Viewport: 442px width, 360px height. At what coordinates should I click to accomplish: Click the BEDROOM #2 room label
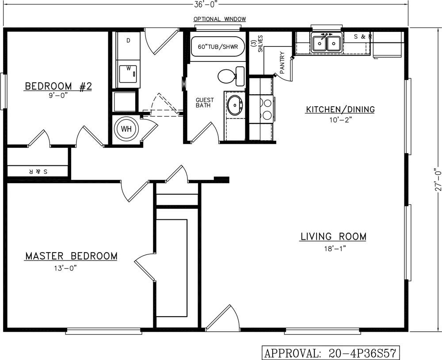(x=58, y=86)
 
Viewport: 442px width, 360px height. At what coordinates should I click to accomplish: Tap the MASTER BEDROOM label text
(x=71, y=256)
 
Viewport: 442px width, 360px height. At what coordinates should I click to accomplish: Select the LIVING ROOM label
(x=333, y=237)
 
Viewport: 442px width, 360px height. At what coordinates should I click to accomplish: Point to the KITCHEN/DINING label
(x=340, y=109)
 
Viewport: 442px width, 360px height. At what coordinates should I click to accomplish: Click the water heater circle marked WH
(x=126, y=129)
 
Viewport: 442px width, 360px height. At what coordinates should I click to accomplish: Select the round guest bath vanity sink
(x=235, y=105)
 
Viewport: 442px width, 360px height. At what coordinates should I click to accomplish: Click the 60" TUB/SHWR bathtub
(x=217, y=46)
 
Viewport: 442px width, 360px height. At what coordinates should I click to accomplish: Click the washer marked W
(x=128, y=74)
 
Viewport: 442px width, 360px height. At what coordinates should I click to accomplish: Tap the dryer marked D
(x=128, y=46)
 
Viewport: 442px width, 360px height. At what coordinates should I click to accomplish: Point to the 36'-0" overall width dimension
(x=206, y=4)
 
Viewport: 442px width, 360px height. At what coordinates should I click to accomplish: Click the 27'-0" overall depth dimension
(x=438, y=180)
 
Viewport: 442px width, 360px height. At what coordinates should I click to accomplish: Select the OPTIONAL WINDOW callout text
(x=220, y=19)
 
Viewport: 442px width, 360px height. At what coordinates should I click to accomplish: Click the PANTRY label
(x=282, y=63)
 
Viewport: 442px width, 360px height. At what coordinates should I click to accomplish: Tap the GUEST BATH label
(x=205, y=103)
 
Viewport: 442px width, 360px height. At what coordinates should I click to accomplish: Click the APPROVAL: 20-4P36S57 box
(x=331, y=352)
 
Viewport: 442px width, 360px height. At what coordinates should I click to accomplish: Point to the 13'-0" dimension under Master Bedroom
(x=66, y=268)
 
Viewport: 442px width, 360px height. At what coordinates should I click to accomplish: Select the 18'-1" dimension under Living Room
(x=335, y=249)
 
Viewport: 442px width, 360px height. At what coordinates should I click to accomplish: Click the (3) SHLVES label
(x=257, y=44)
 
